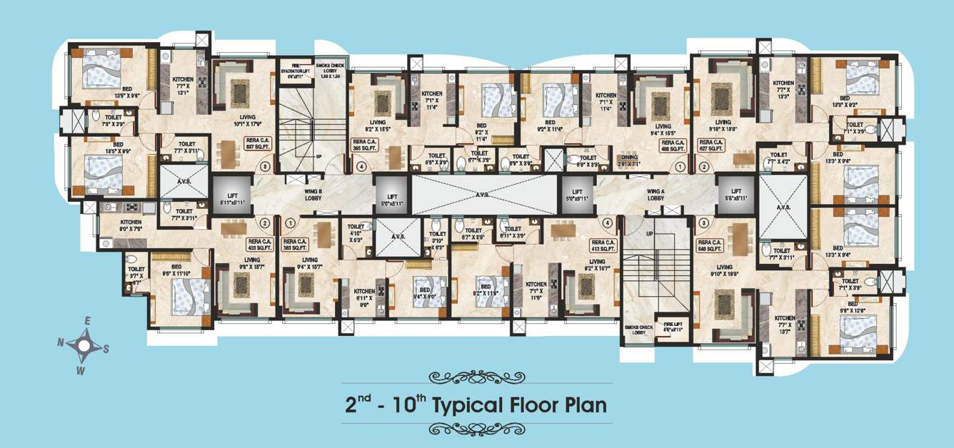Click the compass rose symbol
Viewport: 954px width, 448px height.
[84, 346]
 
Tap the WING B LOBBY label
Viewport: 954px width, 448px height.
[313, 194]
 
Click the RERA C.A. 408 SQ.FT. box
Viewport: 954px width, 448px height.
[672, 146]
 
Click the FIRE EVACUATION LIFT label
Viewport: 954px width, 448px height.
[294, 68]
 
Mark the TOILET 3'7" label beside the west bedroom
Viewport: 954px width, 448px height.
[136, 273]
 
